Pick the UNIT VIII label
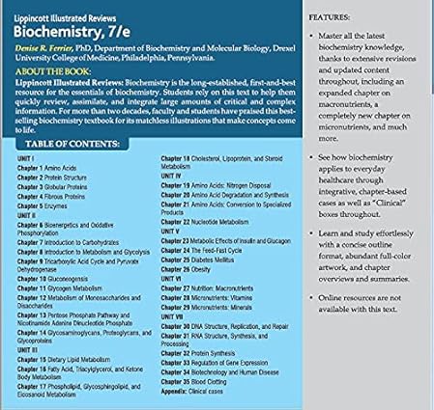(173, 314)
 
